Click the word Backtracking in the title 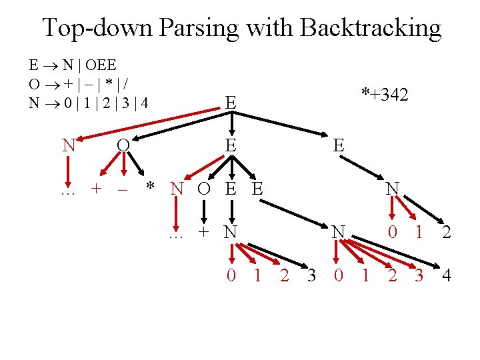point(371,28)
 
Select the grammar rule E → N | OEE point(73,65)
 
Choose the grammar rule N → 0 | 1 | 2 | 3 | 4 point(88,103)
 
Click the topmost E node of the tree point(230,103)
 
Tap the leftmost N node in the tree point(68,145)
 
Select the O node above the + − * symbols point(122,145)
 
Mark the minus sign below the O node point(122,189)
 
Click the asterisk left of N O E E point(151,187)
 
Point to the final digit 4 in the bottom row point(446,275)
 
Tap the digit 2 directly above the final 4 point(445,233)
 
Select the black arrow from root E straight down point(231,124)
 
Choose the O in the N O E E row point(203,189)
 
